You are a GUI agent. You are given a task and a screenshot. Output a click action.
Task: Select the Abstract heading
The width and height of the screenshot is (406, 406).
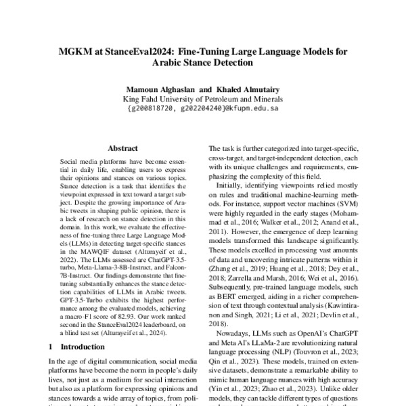coord(122,147)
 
